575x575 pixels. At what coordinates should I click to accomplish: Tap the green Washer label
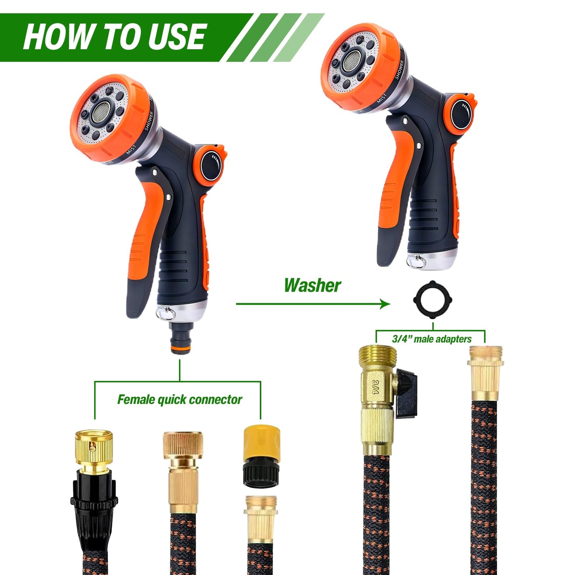coord(312,285)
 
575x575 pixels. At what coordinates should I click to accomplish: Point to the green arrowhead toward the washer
coord(384,304)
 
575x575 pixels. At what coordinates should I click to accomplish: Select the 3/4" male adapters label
coord(431,339)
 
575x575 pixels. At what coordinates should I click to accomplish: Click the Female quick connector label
coord(179,400)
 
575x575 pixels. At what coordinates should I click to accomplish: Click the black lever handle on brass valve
coord(407,392)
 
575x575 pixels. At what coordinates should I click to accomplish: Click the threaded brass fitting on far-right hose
coord(485,372)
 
